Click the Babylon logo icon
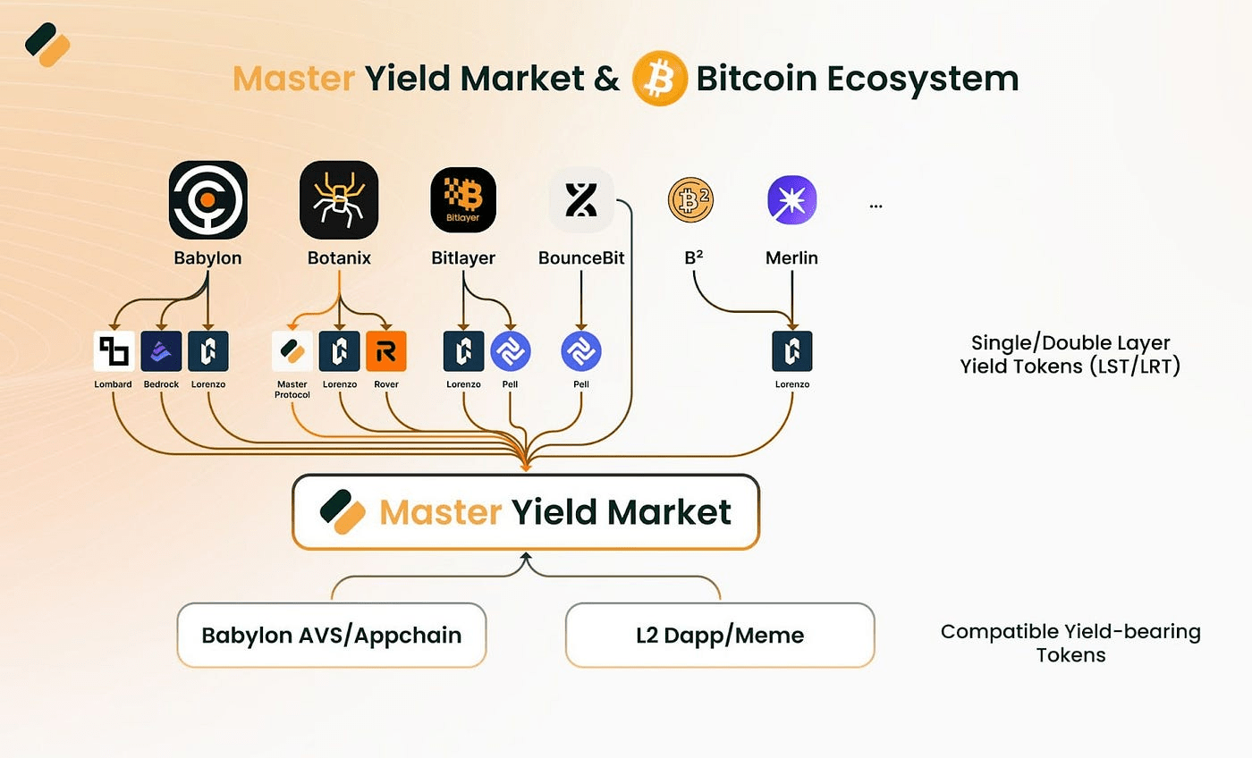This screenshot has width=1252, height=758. tap(207, 200)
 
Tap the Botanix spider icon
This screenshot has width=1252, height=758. tap(339, 200)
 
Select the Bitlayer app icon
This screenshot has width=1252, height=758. tap(463, 200)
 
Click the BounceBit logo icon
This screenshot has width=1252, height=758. tap(581, 200)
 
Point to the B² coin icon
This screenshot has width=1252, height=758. tap(690, 200)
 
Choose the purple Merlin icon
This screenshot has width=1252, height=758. tap(792, 200)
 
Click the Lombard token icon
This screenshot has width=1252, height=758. tap(114, 351)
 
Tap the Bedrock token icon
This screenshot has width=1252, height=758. tap(161, 351)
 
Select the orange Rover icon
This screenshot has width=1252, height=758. tap(386, 351)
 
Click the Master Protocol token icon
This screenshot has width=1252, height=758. tap(292, 351)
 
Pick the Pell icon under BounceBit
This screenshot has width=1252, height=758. tap(581, 351)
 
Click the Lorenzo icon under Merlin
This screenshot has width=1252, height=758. tap(792, 351)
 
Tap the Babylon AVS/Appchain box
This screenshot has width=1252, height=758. tap(332, 636)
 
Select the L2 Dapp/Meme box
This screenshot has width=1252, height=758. tap(720, 636)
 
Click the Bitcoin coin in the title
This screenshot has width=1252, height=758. tap(660, 78)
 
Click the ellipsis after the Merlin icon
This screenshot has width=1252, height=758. tap(876, 206)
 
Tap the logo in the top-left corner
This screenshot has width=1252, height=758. tap(47, 45)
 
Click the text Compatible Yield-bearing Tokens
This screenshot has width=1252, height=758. tap(1071, 643)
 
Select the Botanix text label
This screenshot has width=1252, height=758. tap(339, 258)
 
